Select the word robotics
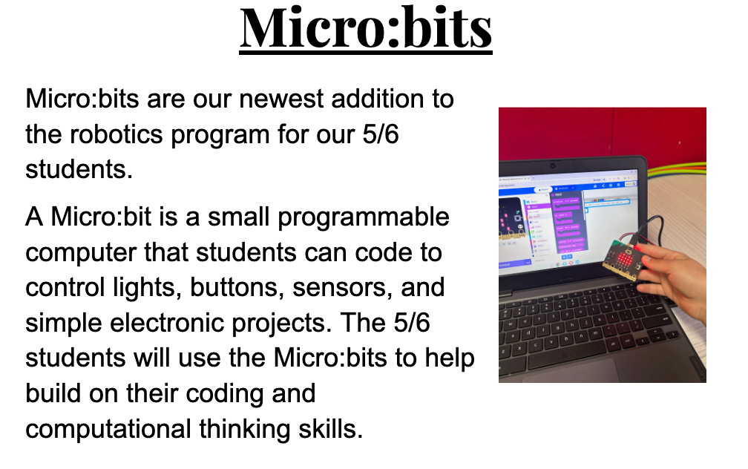[x=117, y=134]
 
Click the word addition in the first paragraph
[x=377, y=99]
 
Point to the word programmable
[x=364, y=218]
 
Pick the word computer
[x=81, y=253]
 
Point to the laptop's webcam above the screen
[x=552, y=165]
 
